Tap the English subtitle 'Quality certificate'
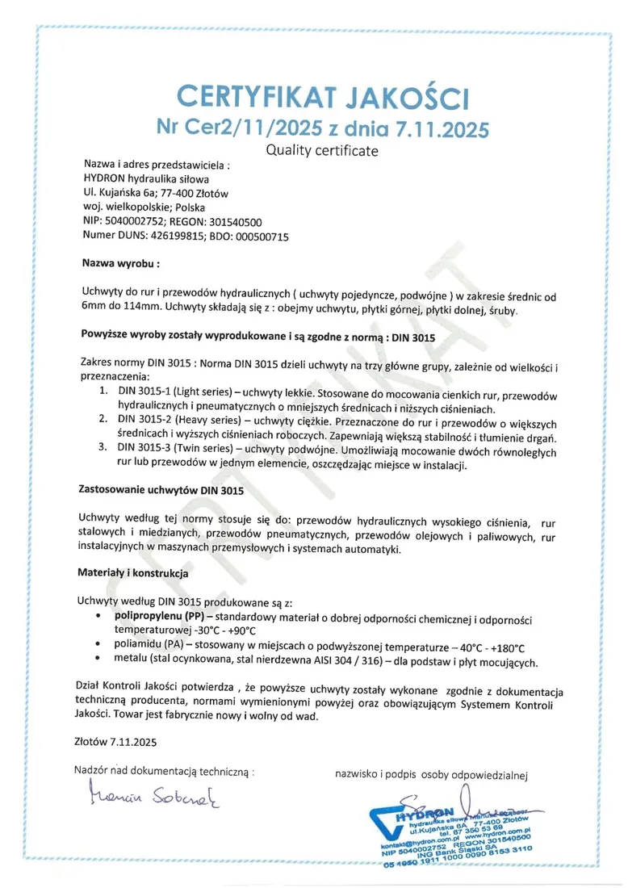coord(322,150)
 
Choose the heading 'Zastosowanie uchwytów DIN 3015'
coord(160,489)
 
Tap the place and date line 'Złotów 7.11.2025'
coord(116,740)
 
